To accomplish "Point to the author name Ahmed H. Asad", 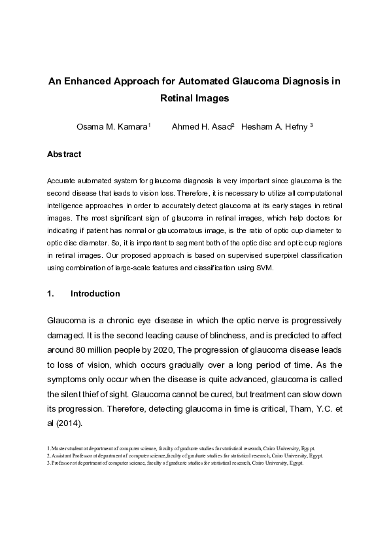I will click(x=201, y=126).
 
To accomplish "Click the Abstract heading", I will click(x=64, y=154).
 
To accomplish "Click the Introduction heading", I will click(x=95, y=294).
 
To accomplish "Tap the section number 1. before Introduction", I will click(x=50, y=294).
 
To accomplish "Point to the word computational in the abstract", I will click(x=301, y=194).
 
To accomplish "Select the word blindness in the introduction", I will click(x=233, y=336).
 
